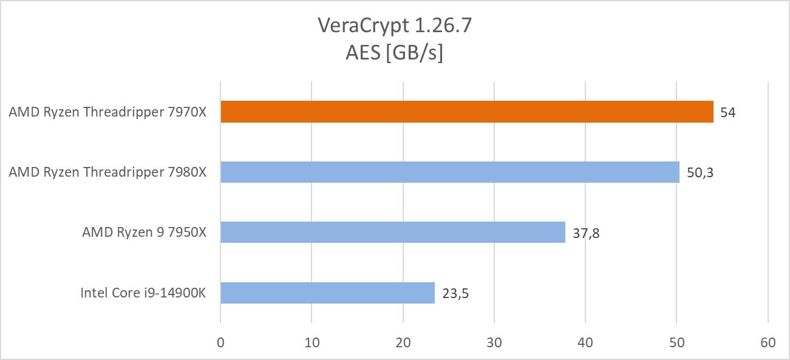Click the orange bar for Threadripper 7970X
point(466,112)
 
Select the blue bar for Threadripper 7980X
point(449,172)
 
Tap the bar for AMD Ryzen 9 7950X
point(392,233)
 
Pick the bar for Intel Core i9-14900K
point(327,293)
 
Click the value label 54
point(727,113)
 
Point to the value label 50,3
point(700,173)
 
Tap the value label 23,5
point(455,293)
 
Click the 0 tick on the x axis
point(220,342)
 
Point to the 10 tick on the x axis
point(312,342)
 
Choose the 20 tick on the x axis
point(403,342)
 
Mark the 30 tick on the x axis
point(494,342)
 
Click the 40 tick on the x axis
point(585,342)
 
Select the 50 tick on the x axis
point(676,342)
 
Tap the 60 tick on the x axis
point(768,342)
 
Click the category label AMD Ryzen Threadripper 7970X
point(107,112)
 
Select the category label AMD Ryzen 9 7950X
point(144,233)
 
